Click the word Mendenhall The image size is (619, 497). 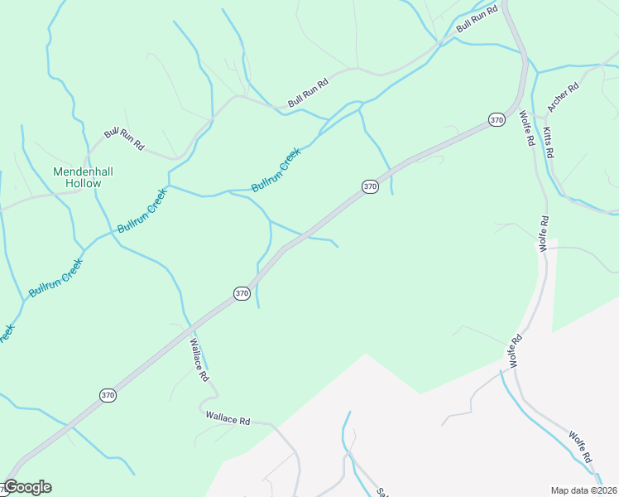click(83, 171)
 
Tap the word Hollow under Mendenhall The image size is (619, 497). click(83, 183)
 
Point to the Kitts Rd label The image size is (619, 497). click(549, 142)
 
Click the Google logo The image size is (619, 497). click(26, 487)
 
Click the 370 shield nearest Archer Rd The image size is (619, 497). click(496, 120)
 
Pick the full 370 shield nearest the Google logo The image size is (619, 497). click(108, 395)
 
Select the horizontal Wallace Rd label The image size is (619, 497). click(228, 421)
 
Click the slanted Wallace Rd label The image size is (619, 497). click(199, 359)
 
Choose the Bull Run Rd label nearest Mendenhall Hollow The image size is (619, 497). click(124, 138)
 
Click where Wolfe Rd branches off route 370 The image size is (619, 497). click(520, 104)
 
